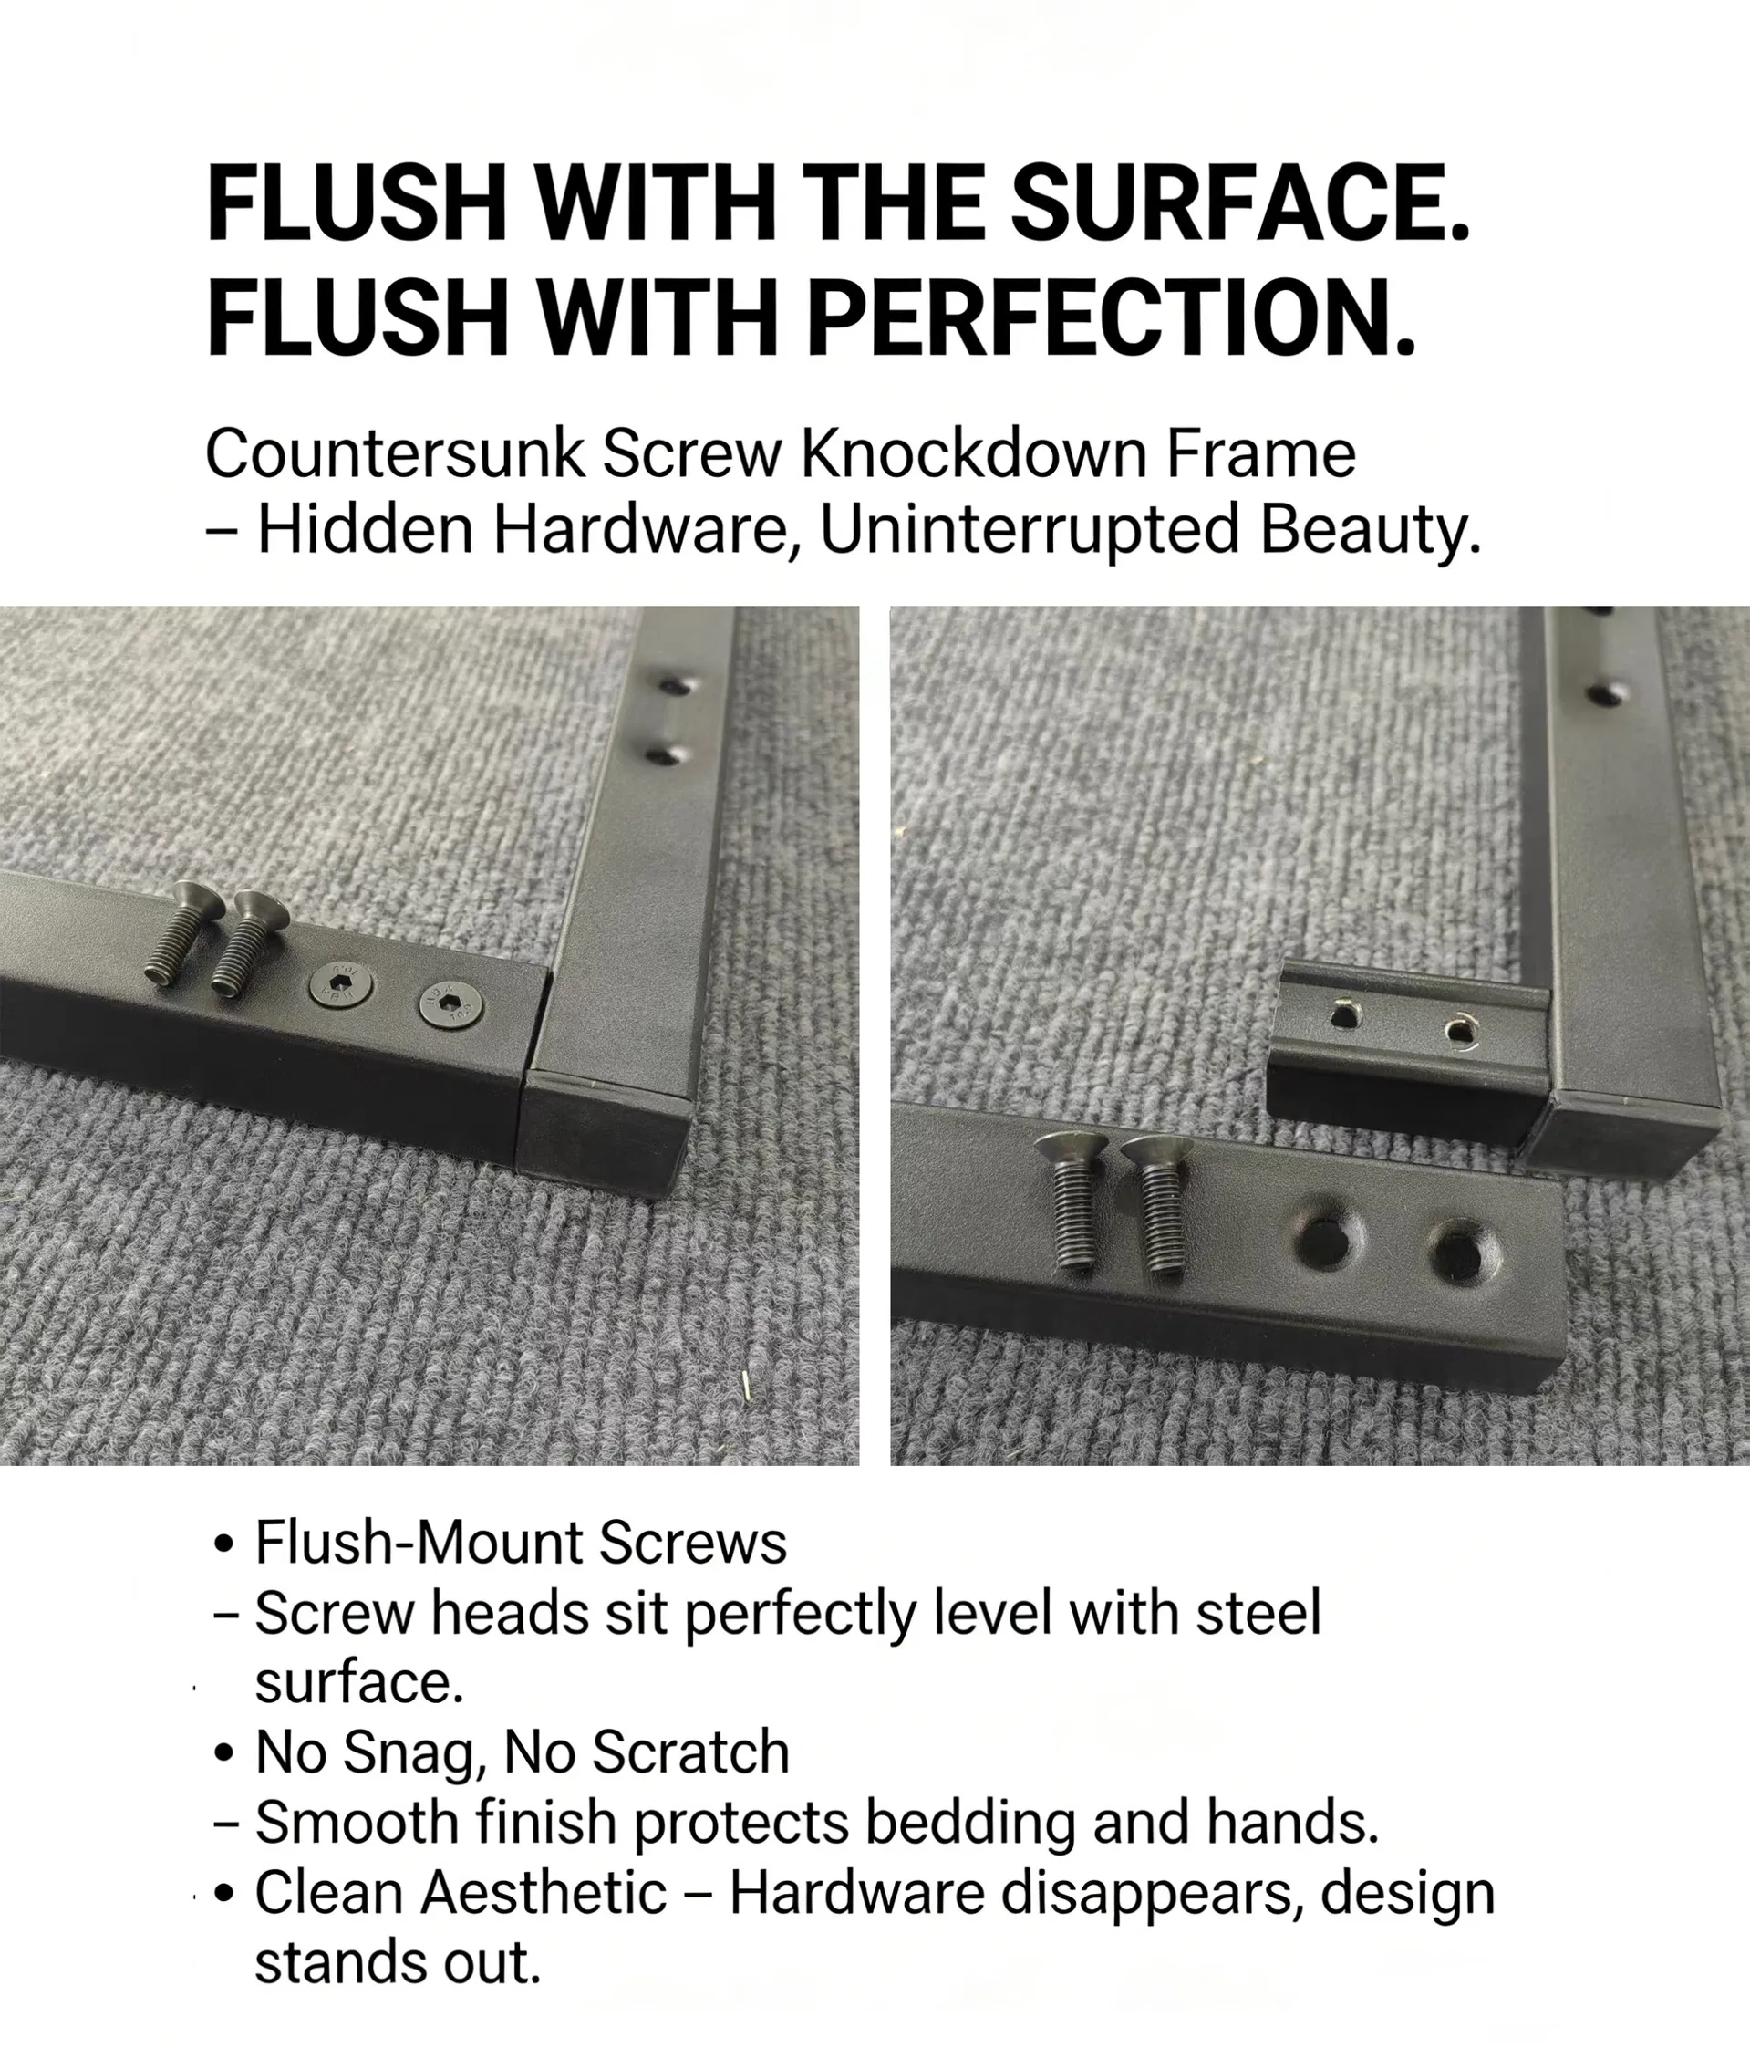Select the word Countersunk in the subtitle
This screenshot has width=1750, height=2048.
[394, 454]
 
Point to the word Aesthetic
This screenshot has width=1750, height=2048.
[544, 1894]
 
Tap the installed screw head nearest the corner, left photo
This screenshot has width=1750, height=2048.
[452, 1008]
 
